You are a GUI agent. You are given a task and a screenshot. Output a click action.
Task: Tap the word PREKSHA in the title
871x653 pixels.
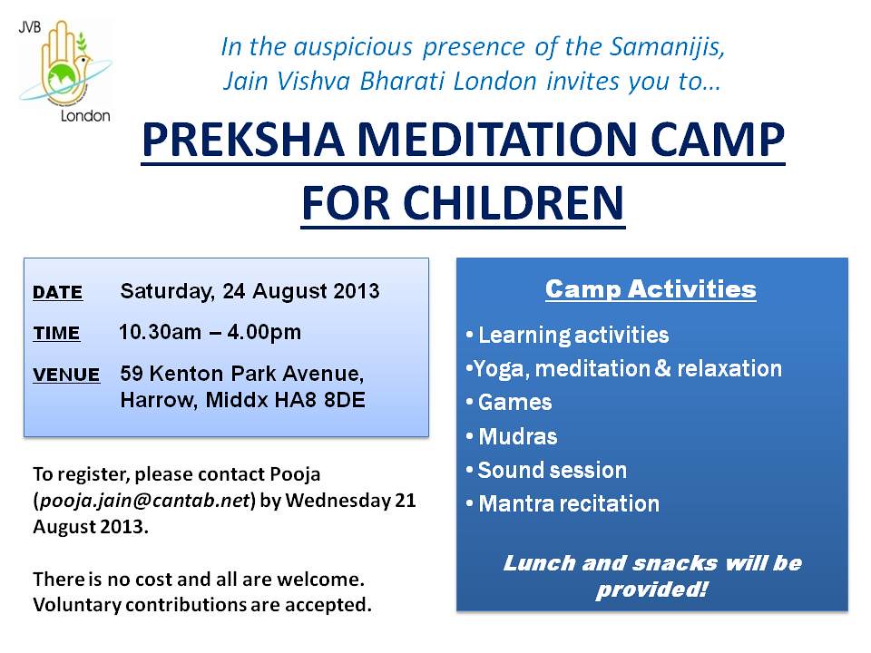coord(243,139)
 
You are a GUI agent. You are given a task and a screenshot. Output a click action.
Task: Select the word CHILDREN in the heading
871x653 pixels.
coord(514,203)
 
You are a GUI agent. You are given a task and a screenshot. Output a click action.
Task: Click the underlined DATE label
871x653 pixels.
coord(58,292)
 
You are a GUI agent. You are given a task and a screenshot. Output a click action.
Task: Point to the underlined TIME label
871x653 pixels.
coord(56,333)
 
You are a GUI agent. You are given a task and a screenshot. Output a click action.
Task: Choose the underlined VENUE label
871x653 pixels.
coord(66,375)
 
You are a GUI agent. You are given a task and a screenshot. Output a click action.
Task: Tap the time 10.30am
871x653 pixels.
coord(160,332)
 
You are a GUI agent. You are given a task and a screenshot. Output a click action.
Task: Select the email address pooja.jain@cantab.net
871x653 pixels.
coord(145,501)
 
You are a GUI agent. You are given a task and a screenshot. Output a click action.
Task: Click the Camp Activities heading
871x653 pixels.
coord(651,289)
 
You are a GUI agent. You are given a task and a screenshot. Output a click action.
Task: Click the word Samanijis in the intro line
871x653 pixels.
coord(667,46)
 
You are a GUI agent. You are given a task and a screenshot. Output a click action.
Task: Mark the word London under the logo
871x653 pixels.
coord(85,116)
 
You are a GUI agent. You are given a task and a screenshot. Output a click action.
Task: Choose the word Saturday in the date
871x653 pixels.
coord(167,291)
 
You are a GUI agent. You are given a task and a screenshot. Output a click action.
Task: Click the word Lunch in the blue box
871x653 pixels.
coord(539,563)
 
